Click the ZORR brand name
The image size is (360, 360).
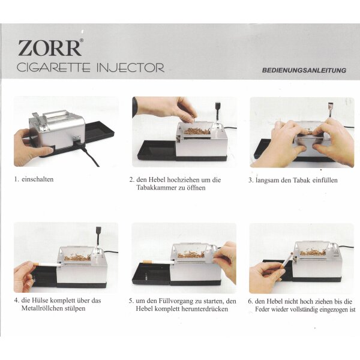[x=50, y=48]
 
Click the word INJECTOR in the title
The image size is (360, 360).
[x=130, y=67]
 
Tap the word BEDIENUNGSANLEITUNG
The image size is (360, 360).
[x=304, y=70]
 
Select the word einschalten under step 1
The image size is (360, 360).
[x=38, y=179]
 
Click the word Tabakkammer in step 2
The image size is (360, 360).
[x=157, y=188]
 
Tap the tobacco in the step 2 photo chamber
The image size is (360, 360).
[x=197, y=131]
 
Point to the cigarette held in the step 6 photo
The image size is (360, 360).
[x=287, y=262]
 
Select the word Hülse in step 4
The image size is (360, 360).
[x=40, y=301]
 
